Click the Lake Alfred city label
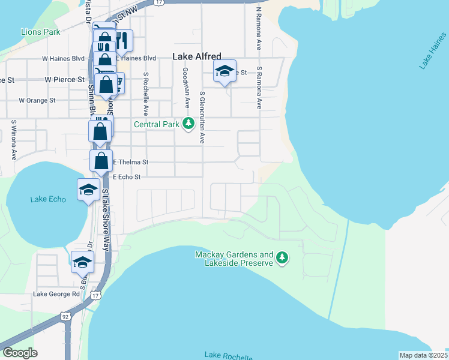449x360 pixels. click(197, 56)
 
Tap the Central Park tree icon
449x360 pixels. click(189, 124)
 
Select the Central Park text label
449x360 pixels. click(157, 125)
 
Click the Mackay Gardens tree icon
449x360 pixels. click(282, 259)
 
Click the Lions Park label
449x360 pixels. click(40, 31)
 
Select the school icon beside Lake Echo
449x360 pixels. click(88, 190)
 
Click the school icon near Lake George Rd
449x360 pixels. click(82, 262)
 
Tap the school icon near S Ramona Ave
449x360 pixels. click(224, 71)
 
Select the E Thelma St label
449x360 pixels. click(130, 162)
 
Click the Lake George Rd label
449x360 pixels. click(56, 294)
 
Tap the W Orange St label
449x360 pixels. click(37, 100)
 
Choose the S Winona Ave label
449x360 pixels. click(13, 140)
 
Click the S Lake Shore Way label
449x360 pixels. click(106, 216)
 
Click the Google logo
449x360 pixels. click(20, 353)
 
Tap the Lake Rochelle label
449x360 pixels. click(228, 355)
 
